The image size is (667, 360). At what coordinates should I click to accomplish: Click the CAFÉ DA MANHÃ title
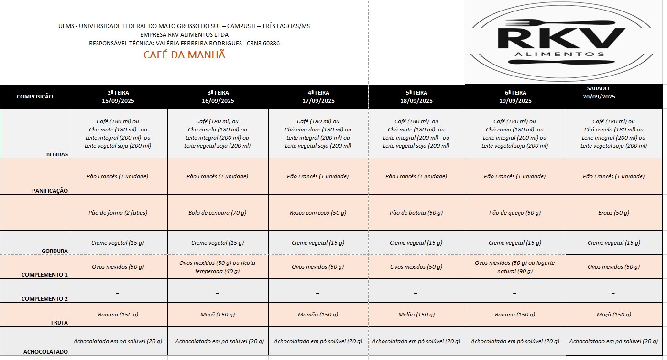184,55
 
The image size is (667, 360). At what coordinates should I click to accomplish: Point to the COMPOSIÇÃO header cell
35,97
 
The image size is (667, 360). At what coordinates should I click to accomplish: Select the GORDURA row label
55,251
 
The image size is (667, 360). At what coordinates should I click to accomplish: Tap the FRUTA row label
59,323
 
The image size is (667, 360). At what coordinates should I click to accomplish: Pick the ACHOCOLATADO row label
46,352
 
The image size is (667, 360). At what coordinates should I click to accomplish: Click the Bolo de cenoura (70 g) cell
217,213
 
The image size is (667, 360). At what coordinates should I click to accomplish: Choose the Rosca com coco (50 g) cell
317,213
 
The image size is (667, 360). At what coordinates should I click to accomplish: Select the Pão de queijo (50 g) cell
514,213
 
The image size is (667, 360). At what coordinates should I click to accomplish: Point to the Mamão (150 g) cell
317,315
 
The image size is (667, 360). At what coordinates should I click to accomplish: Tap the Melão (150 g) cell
416,315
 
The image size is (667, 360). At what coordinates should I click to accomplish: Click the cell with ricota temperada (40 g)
217,267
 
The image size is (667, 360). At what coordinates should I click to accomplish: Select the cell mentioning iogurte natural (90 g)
514,267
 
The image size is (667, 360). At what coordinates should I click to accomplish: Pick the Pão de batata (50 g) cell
416,213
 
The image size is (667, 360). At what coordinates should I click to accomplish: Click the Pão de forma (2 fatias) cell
118,213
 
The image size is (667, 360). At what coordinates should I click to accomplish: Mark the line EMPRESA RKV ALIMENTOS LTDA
184,34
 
